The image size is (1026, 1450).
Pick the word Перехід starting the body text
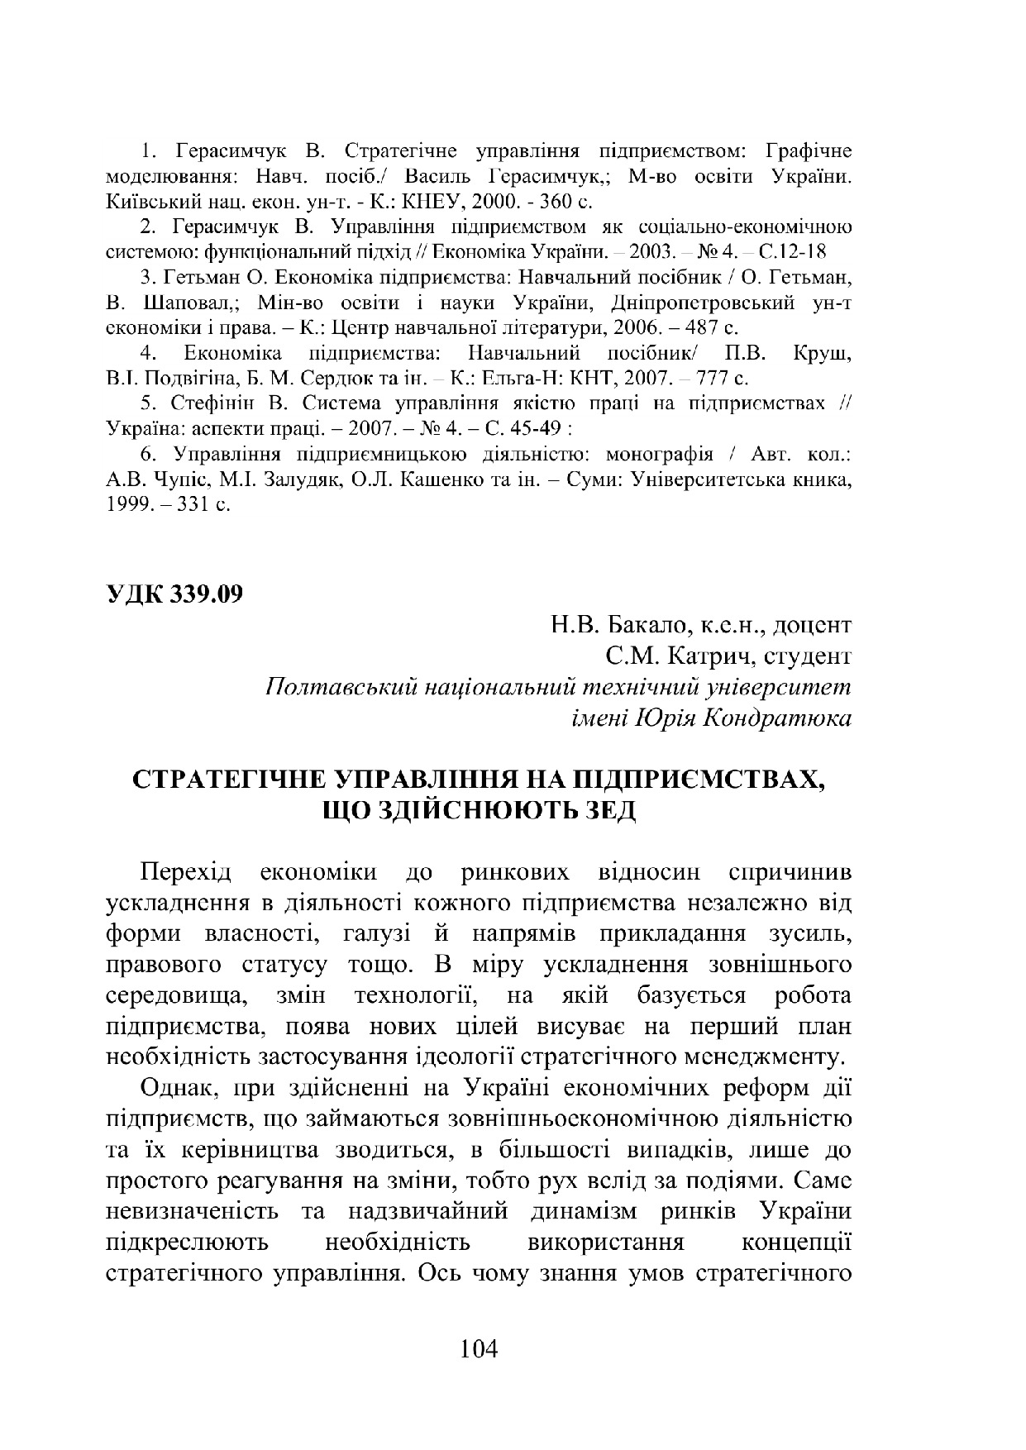pos(188,872)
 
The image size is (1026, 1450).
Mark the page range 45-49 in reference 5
pos(524,429)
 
